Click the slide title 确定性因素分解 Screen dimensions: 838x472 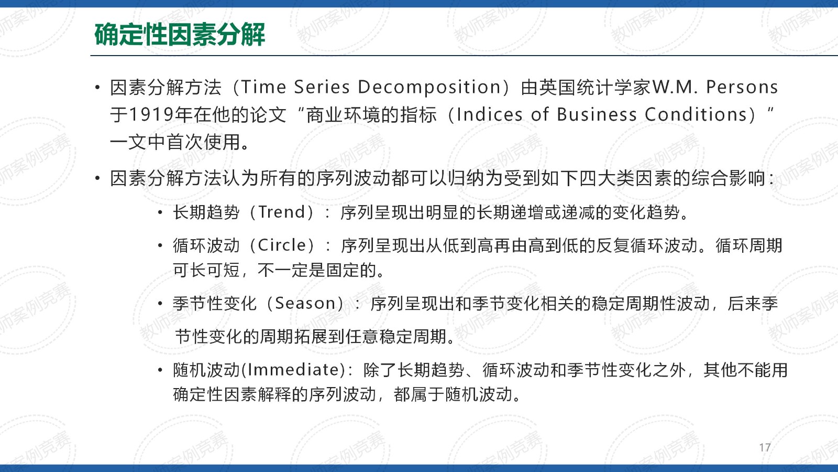180,35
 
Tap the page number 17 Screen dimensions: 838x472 765,447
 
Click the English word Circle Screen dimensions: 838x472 282,245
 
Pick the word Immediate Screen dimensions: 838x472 293,370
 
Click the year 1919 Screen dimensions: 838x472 151,115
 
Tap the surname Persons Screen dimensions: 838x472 742,87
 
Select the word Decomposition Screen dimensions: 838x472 429,87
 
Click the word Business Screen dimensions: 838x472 597,115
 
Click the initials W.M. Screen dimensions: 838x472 675,87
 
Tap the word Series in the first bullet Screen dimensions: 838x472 322,87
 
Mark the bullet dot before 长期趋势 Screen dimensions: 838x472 160,213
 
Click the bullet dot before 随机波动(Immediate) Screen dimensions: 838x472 160,370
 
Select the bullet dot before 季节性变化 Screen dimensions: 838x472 160,304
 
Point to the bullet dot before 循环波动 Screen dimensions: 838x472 160,246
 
